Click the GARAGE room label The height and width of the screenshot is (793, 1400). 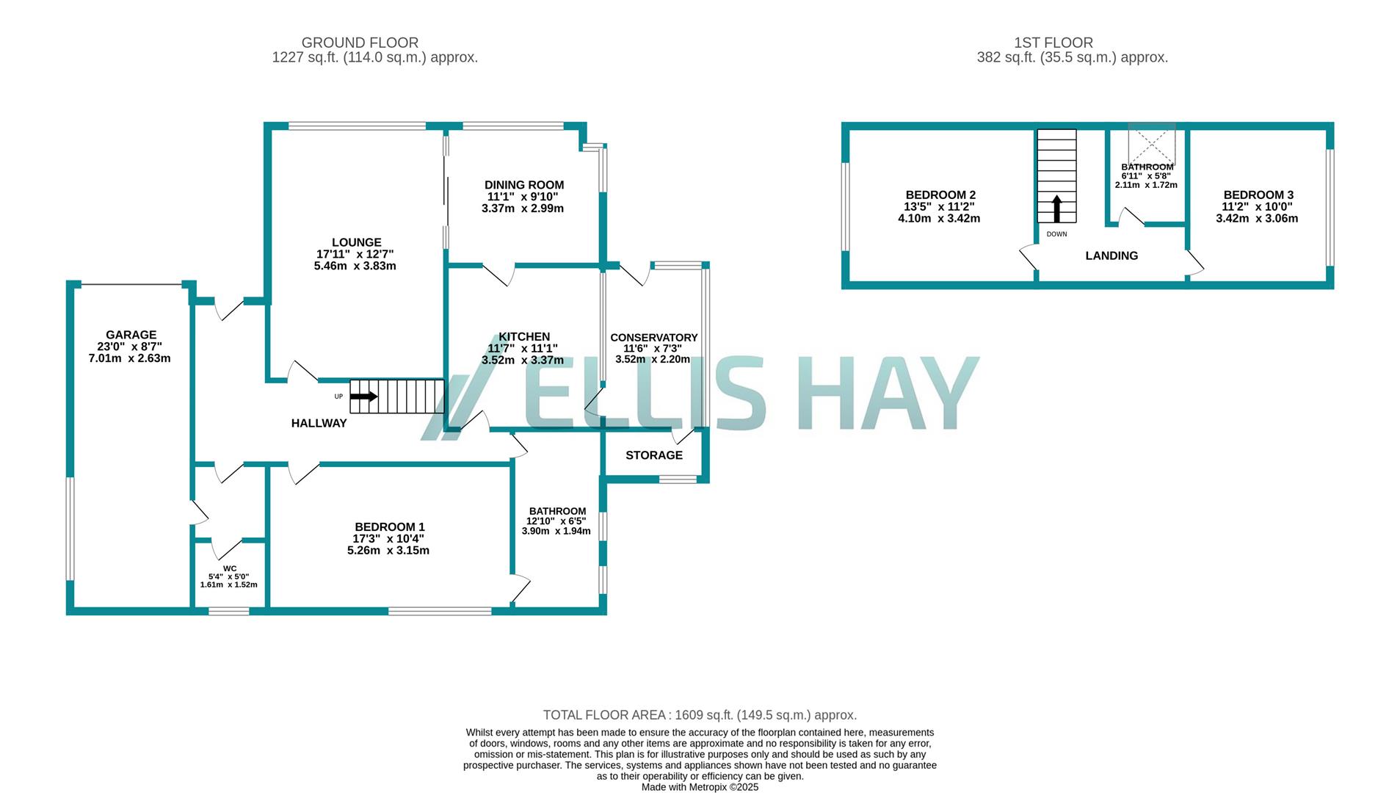click(131, 335)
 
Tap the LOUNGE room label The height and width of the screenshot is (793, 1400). click(356, 242)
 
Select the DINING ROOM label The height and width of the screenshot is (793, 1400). click(523, 185)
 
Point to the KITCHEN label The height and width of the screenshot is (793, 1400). click(524, 337)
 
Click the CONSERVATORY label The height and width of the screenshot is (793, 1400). click(653, 338)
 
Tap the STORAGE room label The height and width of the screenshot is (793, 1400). click(653, 455)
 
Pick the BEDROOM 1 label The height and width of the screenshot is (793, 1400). click(389, 526)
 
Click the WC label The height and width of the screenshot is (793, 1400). click(230, 568)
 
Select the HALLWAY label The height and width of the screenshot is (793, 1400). click(319, 423)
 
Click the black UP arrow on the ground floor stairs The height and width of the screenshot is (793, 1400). click(363, 396)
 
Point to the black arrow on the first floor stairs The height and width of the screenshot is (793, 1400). click(1056, 209)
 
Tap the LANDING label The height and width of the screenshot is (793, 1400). click(1111, 256)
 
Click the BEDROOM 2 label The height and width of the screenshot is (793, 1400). click(940, 195)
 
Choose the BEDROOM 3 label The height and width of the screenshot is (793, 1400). click(1258, 195)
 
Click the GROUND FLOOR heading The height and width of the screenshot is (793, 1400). click(360, 43)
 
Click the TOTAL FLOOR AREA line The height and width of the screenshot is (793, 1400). click(699, 715)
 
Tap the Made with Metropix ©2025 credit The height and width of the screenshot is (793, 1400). click(699, 787)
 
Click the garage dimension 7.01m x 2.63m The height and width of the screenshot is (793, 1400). click(129, 358)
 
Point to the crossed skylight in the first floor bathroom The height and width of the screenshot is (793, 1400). click(1151, 144)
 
